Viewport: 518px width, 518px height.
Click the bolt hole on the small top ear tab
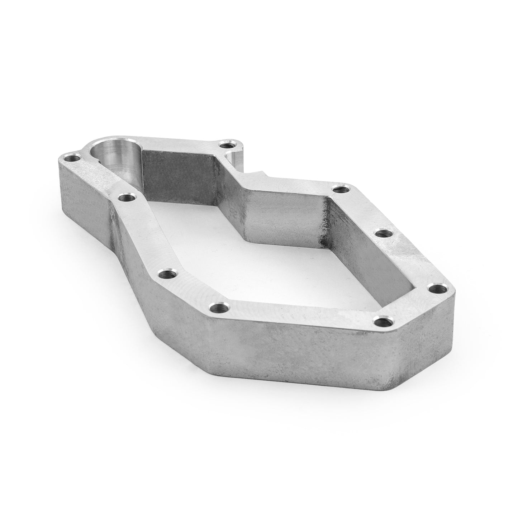coord(227,146)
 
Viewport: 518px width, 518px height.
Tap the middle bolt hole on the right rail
coord(382,234)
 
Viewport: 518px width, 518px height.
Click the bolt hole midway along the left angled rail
coord(165,275)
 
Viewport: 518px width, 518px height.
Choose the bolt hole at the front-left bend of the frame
coord(217,307)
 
